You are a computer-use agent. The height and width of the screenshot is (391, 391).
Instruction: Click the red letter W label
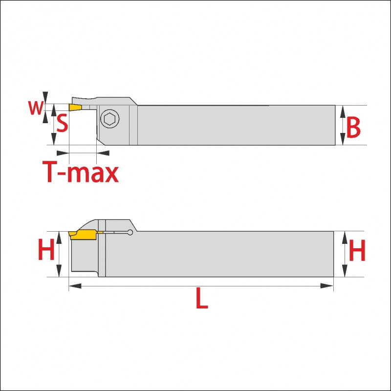click(x=36, y=108)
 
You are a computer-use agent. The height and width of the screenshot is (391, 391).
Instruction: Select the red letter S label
click(x=62, y=123)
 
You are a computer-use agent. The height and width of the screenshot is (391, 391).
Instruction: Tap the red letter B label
click(x=353, y=127)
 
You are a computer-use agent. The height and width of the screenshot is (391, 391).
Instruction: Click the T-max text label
click(x=81, y=172)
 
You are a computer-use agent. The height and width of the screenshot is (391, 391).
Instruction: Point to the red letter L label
click(x=202, y=298)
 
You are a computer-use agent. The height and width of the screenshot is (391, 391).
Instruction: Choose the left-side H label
click(x=46, y=249)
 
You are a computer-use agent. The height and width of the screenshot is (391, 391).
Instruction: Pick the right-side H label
click(x=357, y=250)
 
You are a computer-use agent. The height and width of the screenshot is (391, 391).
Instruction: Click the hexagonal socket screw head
click(x=109, y=119)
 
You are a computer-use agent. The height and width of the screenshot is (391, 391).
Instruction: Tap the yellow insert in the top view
click(x=75, y=108)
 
